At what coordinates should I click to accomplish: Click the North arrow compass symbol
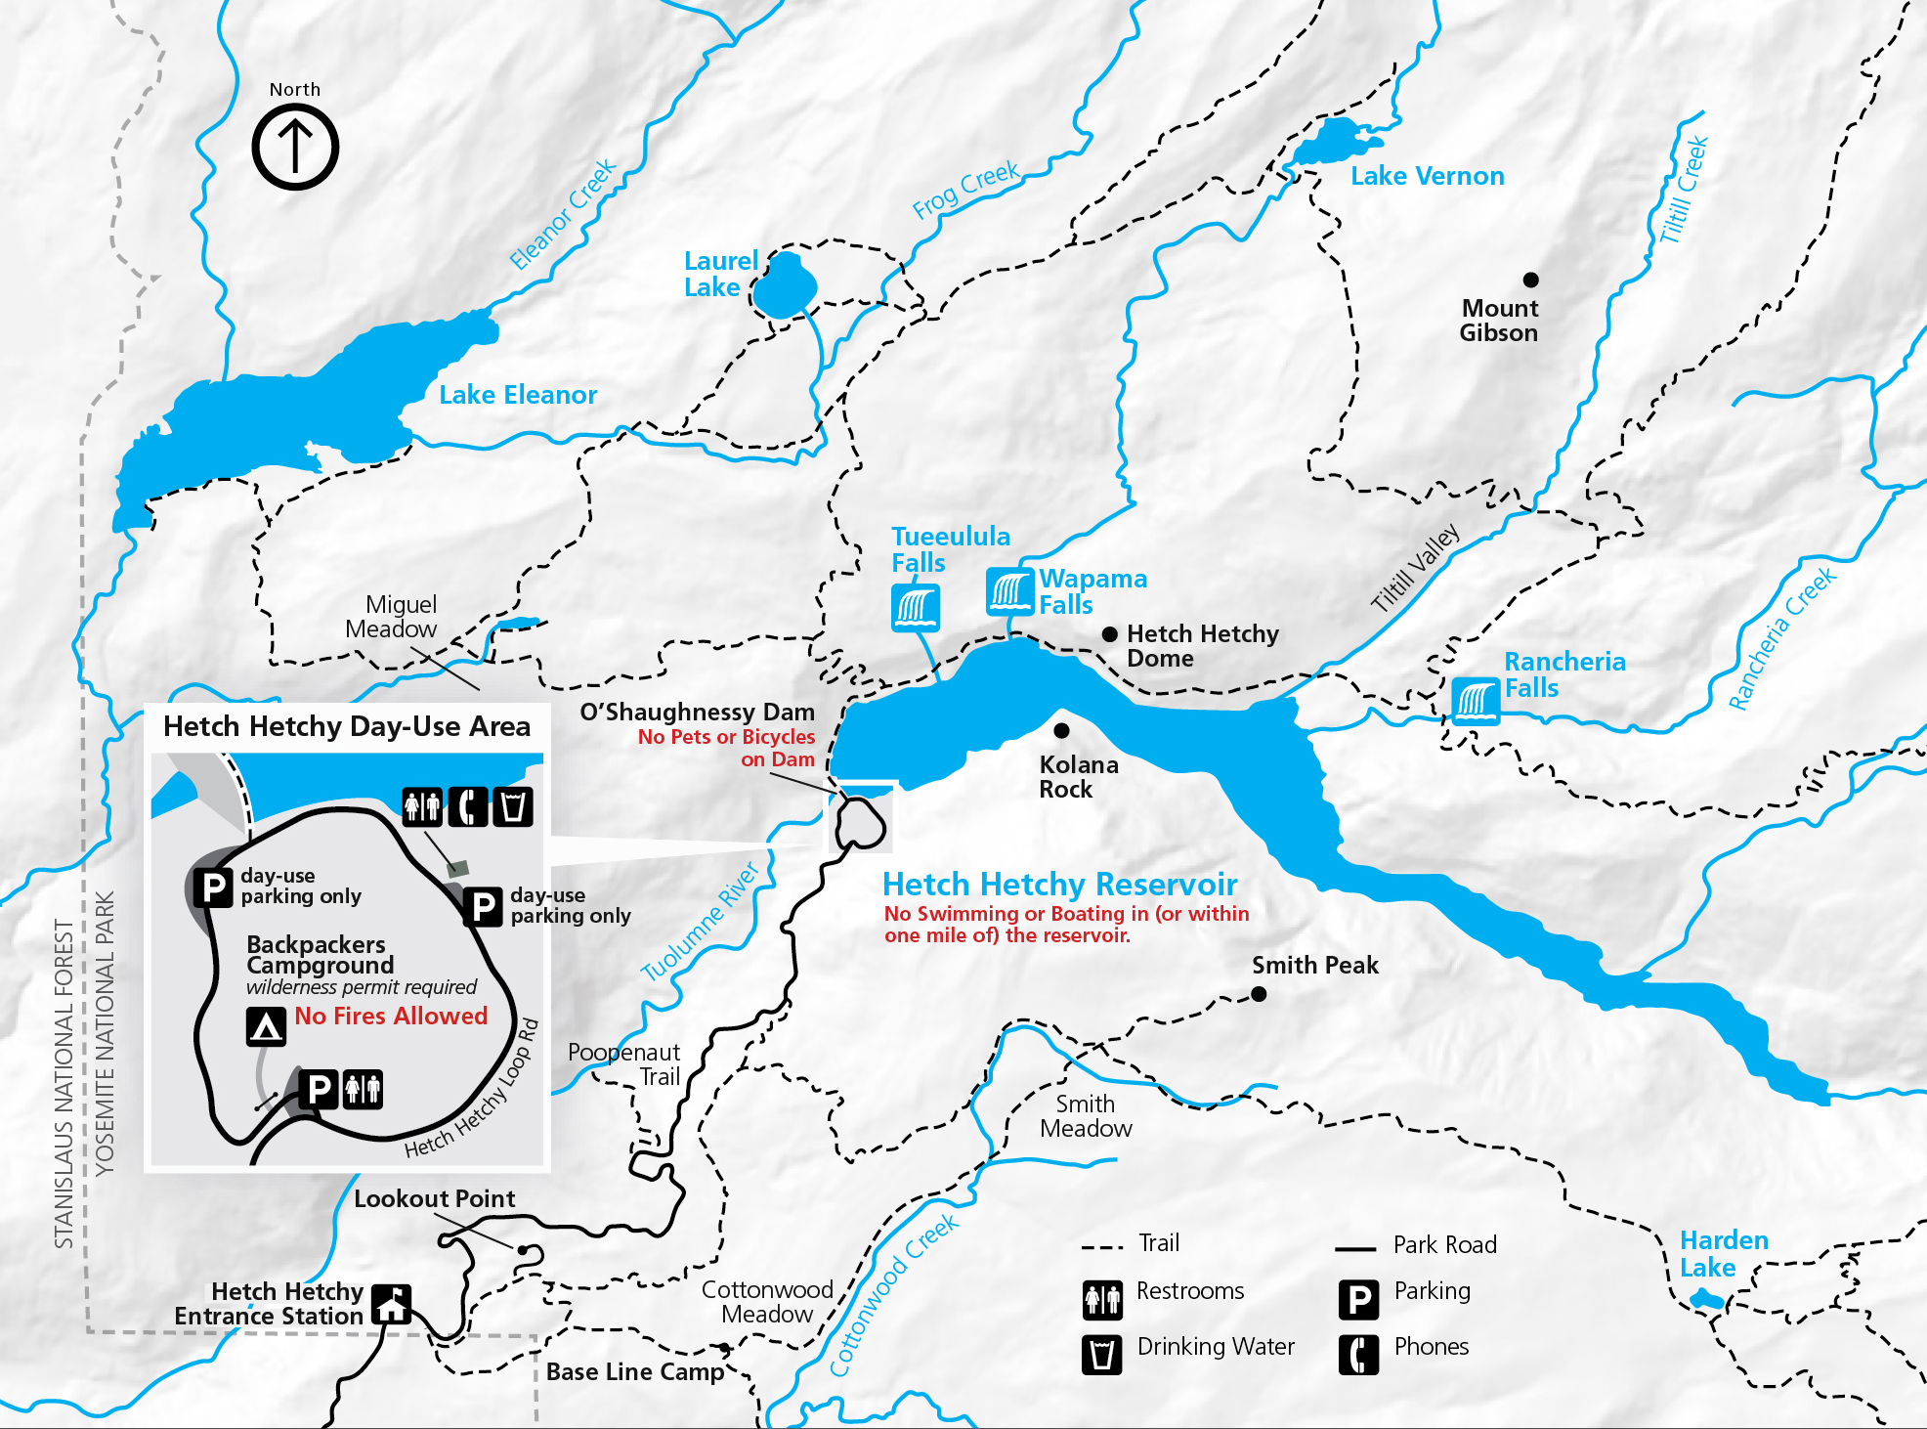click(295, 147)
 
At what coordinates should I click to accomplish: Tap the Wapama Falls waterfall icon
click(1009, 591)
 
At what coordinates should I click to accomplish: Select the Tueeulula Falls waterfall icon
click(916, 607)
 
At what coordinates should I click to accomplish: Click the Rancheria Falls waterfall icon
click(1476, 701)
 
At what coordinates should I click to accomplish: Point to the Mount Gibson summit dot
click(1531, 280)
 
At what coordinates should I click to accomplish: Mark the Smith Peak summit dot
click(1259, 994)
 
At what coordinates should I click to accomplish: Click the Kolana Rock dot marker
click(1061, 730)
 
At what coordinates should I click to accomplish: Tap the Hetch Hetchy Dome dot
click(1109, 634)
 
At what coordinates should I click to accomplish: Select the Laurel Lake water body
click(784, 286)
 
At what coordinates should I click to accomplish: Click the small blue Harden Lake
click(1706, 1299)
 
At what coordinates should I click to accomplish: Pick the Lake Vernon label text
click(1427, 176)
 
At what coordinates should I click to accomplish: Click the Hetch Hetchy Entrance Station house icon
click(392, 1304)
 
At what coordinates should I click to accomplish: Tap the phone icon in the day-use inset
click(468, 807)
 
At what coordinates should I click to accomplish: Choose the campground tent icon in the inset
click(266, 1027)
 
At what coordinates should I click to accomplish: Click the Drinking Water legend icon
click(1102, 1355)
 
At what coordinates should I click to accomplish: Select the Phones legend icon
click(1358, 1355)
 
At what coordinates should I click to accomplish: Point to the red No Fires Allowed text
click(391, 1017)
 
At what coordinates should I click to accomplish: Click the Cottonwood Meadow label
click(767, 1302)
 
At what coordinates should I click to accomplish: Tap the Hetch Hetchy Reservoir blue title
click(1059, 885)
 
